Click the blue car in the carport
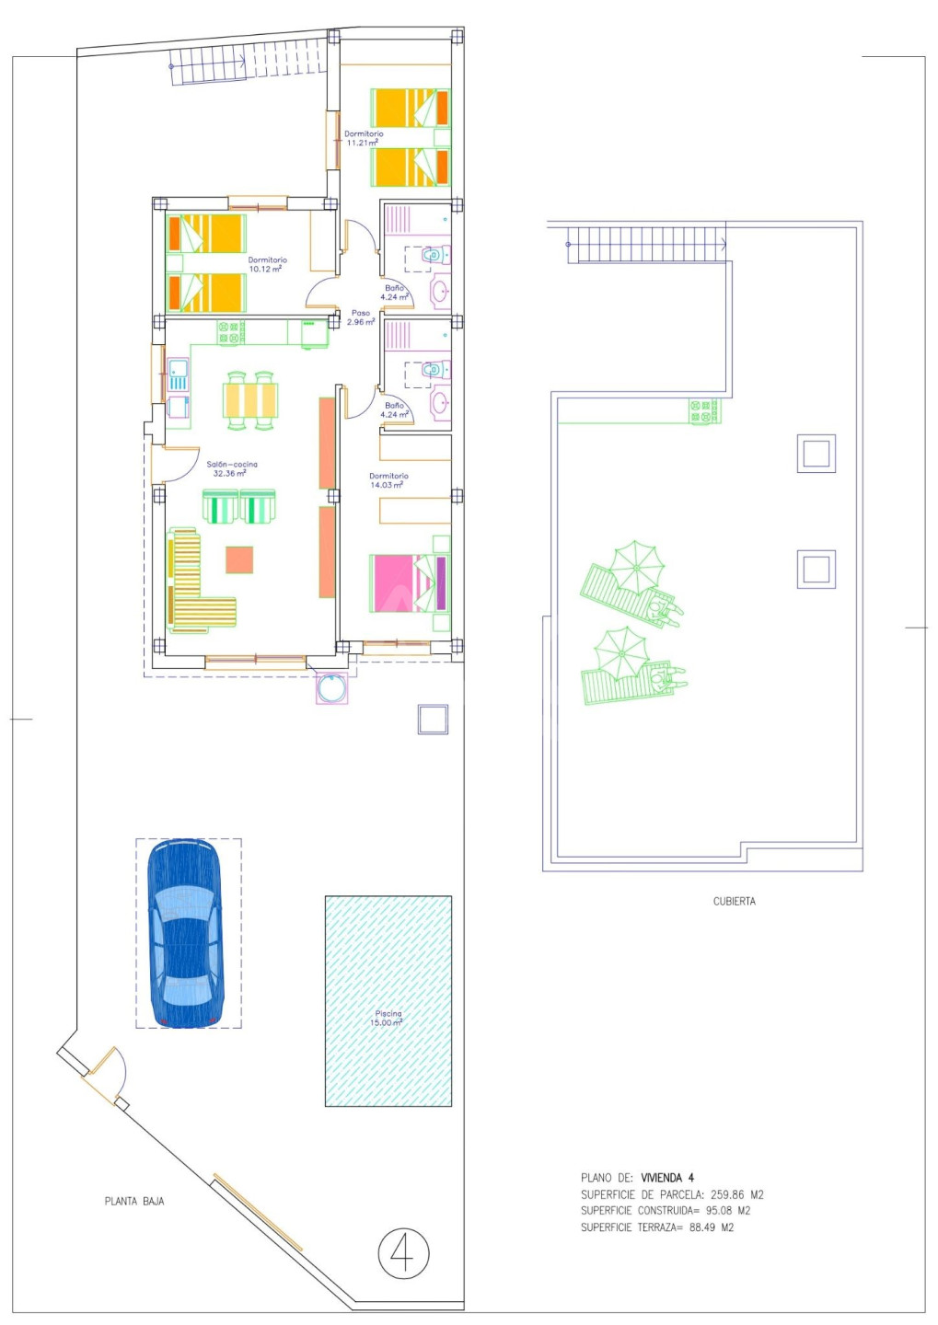[187, 933]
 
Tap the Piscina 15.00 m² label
[388, 1018]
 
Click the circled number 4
[403, 1253]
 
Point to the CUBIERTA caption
[734, 902]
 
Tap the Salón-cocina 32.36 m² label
[231, 468]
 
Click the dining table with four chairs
[250, 400]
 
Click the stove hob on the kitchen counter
[231, 332]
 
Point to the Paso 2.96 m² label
[361, 317]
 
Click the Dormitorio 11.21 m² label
[364, 138]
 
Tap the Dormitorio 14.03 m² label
[388, 479]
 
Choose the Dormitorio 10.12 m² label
[267, 264]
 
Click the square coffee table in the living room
[239, 559]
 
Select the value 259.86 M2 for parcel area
[736, 1195]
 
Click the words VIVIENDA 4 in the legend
[667, 1178]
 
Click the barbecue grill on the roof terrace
[704, 411]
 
